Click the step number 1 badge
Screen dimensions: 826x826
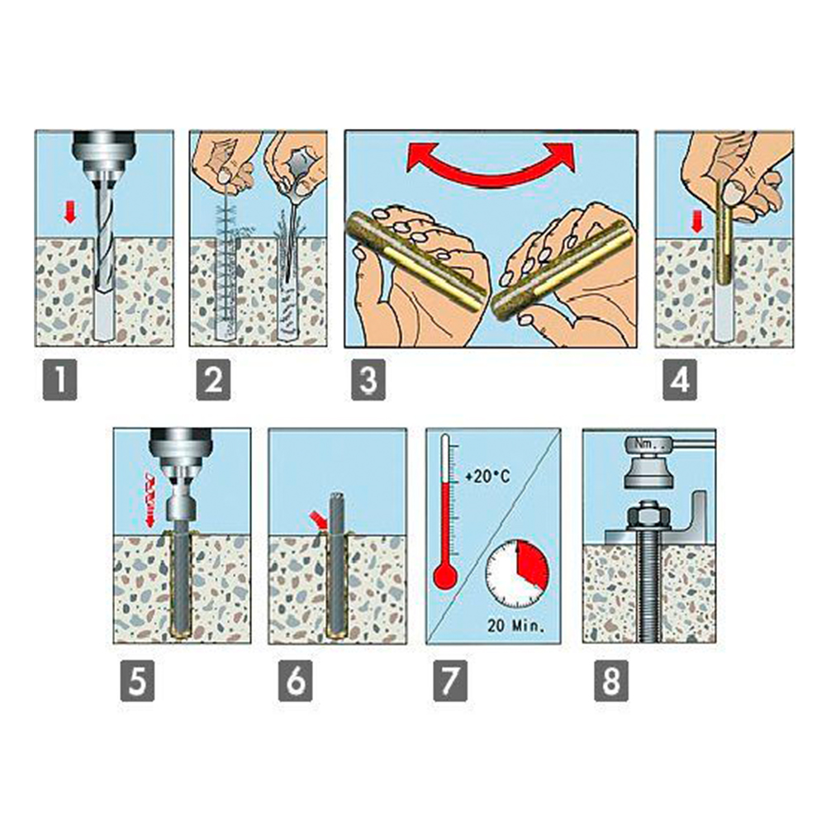click(x=60, y=379)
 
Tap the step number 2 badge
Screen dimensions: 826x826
click(x=213, y=379)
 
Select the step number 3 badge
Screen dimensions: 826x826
click(x=368, y=379)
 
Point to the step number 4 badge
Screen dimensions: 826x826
click(x=680, y=379)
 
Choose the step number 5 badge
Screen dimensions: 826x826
click(x=137, y=681)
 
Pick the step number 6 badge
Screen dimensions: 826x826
click(x=296, y=681)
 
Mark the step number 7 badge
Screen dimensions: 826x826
click(x=450, y=681)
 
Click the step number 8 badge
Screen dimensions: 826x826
click(x=611, y=681)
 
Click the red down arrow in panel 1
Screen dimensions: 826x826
click(x=70, y=213)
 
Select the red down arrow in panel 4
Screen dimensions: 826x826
click(x=697, y=223)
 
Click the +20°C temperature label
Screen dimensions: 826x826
click(x=487, y=477)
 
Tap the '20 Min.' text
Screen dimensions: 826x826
click(x=516, y=625)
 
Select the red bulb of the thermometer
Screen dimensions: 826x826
click(x=445, y=577)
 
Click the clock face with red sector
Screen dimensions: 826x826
click(x=517, y=573)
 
